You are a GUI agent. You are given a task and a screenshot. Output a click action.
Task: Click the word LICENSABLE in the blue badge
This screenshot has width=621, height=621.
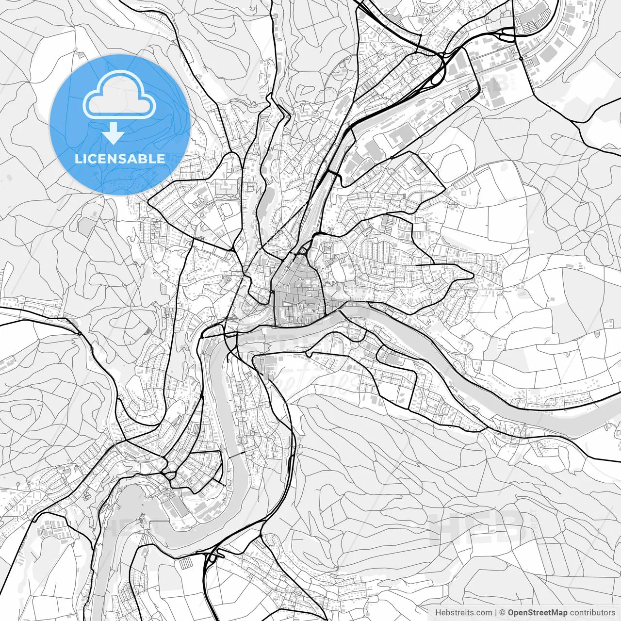tap(119, 159)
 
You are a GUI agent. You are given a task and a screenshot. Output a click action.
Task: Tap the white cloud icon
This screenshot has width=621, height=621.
tap(119, 96)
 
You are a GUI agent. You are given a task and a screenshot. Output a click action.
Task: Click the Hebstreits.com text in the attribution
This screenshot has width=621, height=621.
tap(463, 613)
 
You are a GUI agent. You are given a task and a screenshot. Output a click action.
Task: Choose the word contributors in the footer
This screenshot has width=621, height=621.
tap(592, 613)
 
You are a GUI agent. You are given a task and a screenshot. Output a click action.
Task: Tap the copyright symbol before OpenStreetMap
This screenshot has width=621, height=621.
tap(503, 613)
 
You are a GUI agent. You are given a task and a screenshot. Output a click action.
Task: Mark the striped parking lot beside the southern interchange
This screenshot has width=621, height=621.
tap(186, 563)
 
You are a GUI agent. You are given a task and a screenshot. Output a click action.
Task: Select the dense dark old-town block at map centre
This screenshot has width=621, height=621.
tap(297, 296)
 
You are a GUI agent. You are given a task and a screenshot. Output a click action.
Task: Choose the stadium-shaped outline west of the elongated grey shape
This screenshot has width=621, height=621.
tap(227, 210)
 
